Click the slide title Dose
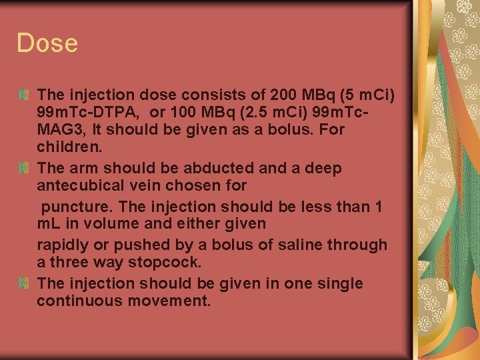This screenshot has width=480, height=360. (47, 44)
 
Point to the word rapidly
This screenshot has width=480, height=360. (64, 245)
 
